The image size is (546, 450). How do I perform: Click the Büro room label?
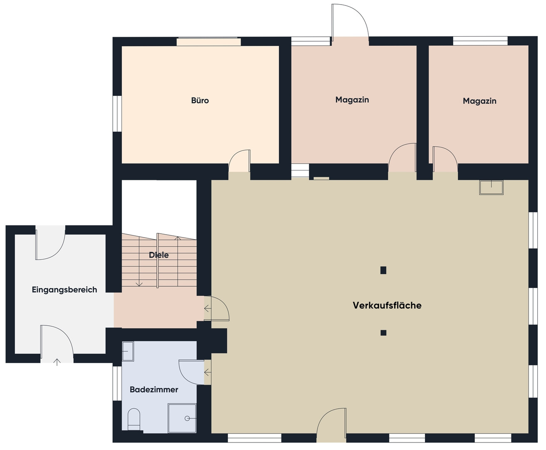[x=200, y=100]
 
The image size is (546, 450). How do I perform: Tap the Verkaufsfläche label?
[x=387, y=305]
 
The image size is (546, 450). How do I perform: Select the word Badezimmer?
[x=154, y=389]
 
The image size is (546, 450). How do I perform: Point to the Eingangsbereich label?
[x=65, y=290]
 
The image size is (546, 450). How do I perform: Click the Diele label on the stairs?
[x=159, y=255]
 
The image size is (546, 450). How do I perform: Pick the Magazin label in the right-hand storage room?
[x=479, y=101]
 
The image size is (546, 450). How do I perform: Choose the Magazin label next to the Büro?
[x=352, y=100]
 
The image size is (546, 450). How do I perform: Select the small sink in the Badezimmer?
[x=128, y=351]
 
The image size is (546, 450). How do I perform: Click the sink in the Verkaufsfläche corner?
[x=491, y=187]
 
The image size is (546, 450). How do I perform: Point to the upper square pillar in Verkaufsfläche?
[x=383, y=270]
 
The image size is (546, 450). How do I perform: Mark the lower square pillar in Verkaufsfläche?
[x=383, y=332]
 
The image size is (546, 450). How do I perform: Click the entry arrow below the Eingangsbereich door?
[x=57, y=362]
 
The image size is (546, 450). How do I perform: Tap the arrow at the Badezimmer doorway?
[x=208, y=372]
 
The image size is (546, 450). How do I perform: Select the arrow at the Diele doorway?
[x=208, y=308]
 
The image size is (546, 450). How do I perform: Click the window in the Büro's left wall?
[x=117, y=113]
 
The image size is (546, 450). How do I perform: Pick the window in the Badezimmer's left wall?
[x=117, y=383]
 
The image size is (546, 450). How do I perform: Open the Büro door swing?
[x=239, y=161]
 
